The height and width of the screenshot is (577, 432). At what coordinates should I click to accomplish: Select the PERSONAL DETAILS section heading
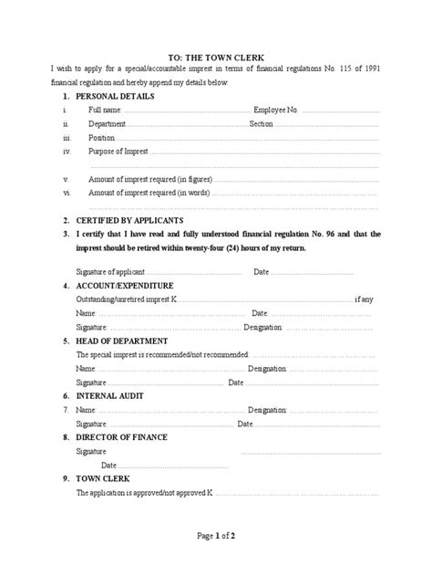coord(115,96)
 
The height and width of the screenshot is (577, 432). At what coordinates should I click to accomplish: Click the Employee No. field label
coord(276,110)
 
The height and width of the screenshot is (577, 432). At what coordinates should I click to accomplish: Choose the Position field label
coord(102,138)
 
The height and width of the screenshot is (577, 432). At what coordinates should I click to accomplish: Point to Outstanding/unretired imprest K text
coord(128,299)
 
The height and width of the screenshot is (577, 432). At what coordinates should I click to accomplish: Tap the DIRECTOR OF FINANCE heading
coord(121,437)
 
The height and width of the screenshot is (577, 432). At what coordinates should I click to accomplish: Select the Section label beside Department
coord(261,124)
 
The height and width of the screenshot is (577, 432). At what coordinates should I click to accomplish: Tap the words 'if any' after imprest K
coord(363,299)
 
